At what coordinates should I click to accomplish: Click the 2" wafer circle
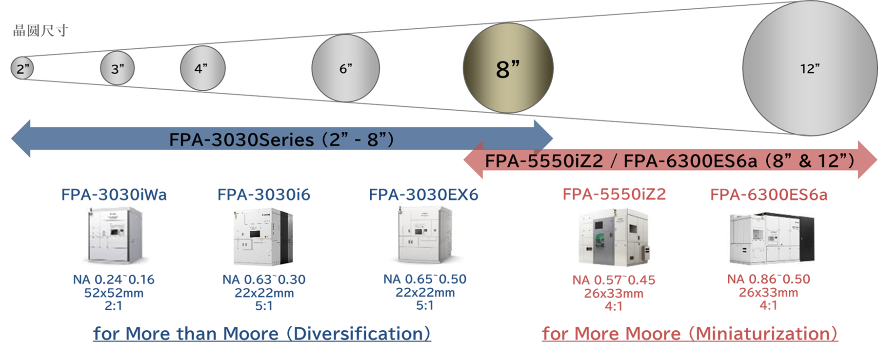click(22, 68)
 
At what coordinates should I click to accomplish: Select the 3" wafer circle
click(117, 68)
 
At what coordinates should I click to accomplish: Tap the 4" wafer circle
click(202, 68)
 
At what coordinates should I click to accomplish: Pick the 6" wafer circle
click(345, 68)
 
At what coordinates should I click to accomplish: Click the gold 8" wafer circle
click(508, 68)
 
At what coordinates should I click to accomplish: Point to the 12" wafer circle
click(810, 68)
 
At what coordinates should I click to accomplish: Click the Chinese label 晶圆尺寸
click(40, 31)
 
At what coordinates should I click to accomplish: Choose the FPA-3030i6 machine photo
click(263, 237)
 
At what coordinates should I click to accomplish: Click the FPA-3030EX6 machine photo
click(424, 234)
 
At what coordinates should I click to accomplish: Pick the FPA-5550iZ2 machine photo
click(614, 237)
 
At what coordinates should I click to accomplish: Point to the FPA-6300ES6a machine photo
click(771, 238)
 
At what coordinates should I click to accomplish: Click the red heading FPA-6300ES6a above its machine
click(768, 195)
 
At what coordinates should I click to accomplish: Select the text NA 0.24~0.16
click(114, 280)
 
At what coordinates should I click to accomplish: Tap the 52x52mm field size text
click(114, 293)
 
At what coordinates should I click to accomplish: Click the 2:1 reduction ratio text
click(114, 306)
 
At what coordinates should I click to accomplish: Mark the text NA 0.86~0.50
click(768, 279)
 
